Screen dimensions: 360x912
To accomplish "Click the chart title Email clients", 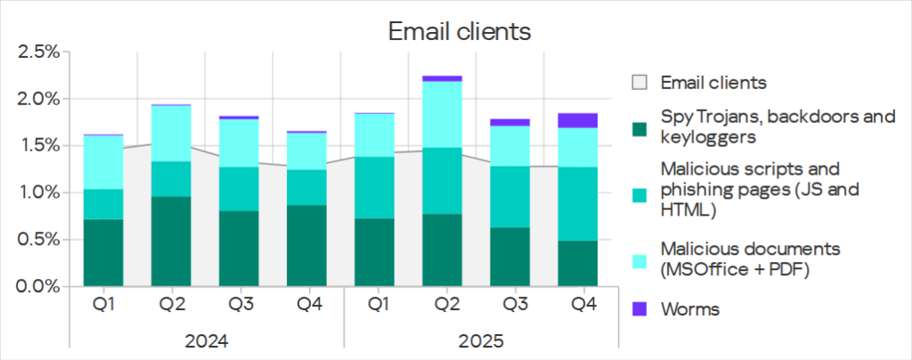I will tap(460, 32).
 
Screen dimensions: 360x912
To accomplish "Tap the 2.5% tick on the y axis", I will tap(38, 52).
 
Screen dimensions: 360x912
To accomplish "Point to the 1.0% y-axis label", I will tap(38, 192).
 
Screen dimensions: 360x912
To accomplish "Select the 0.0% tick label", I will tap(38, 287).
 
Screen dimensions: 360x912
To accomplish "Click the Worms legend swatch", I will tap(639, 309).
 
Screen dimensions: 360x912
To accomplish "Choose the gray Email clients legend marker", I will tap(639, 83).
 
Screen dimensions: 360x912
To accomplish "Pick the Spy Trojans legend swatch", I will tap(639, 127).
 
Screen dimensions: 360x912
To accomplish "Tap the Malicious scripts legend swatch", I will tap(639, 192).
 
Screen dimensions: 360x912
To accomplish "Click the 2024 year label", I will tap(206, 341).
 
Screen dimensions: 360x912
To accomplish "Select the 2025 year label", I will tap(479, 341).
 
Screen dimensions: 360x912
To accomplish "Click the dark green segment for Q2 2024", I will tap(172, 241).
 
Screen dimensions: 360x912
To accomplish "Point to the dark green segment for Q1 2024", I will tap(103, 252).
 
